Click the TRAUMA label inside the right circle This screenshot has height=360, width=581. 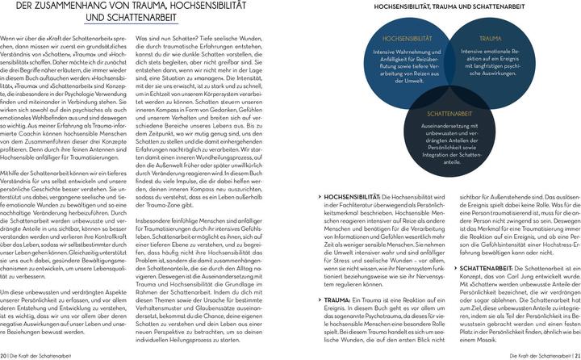click(x=490, y=38)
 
